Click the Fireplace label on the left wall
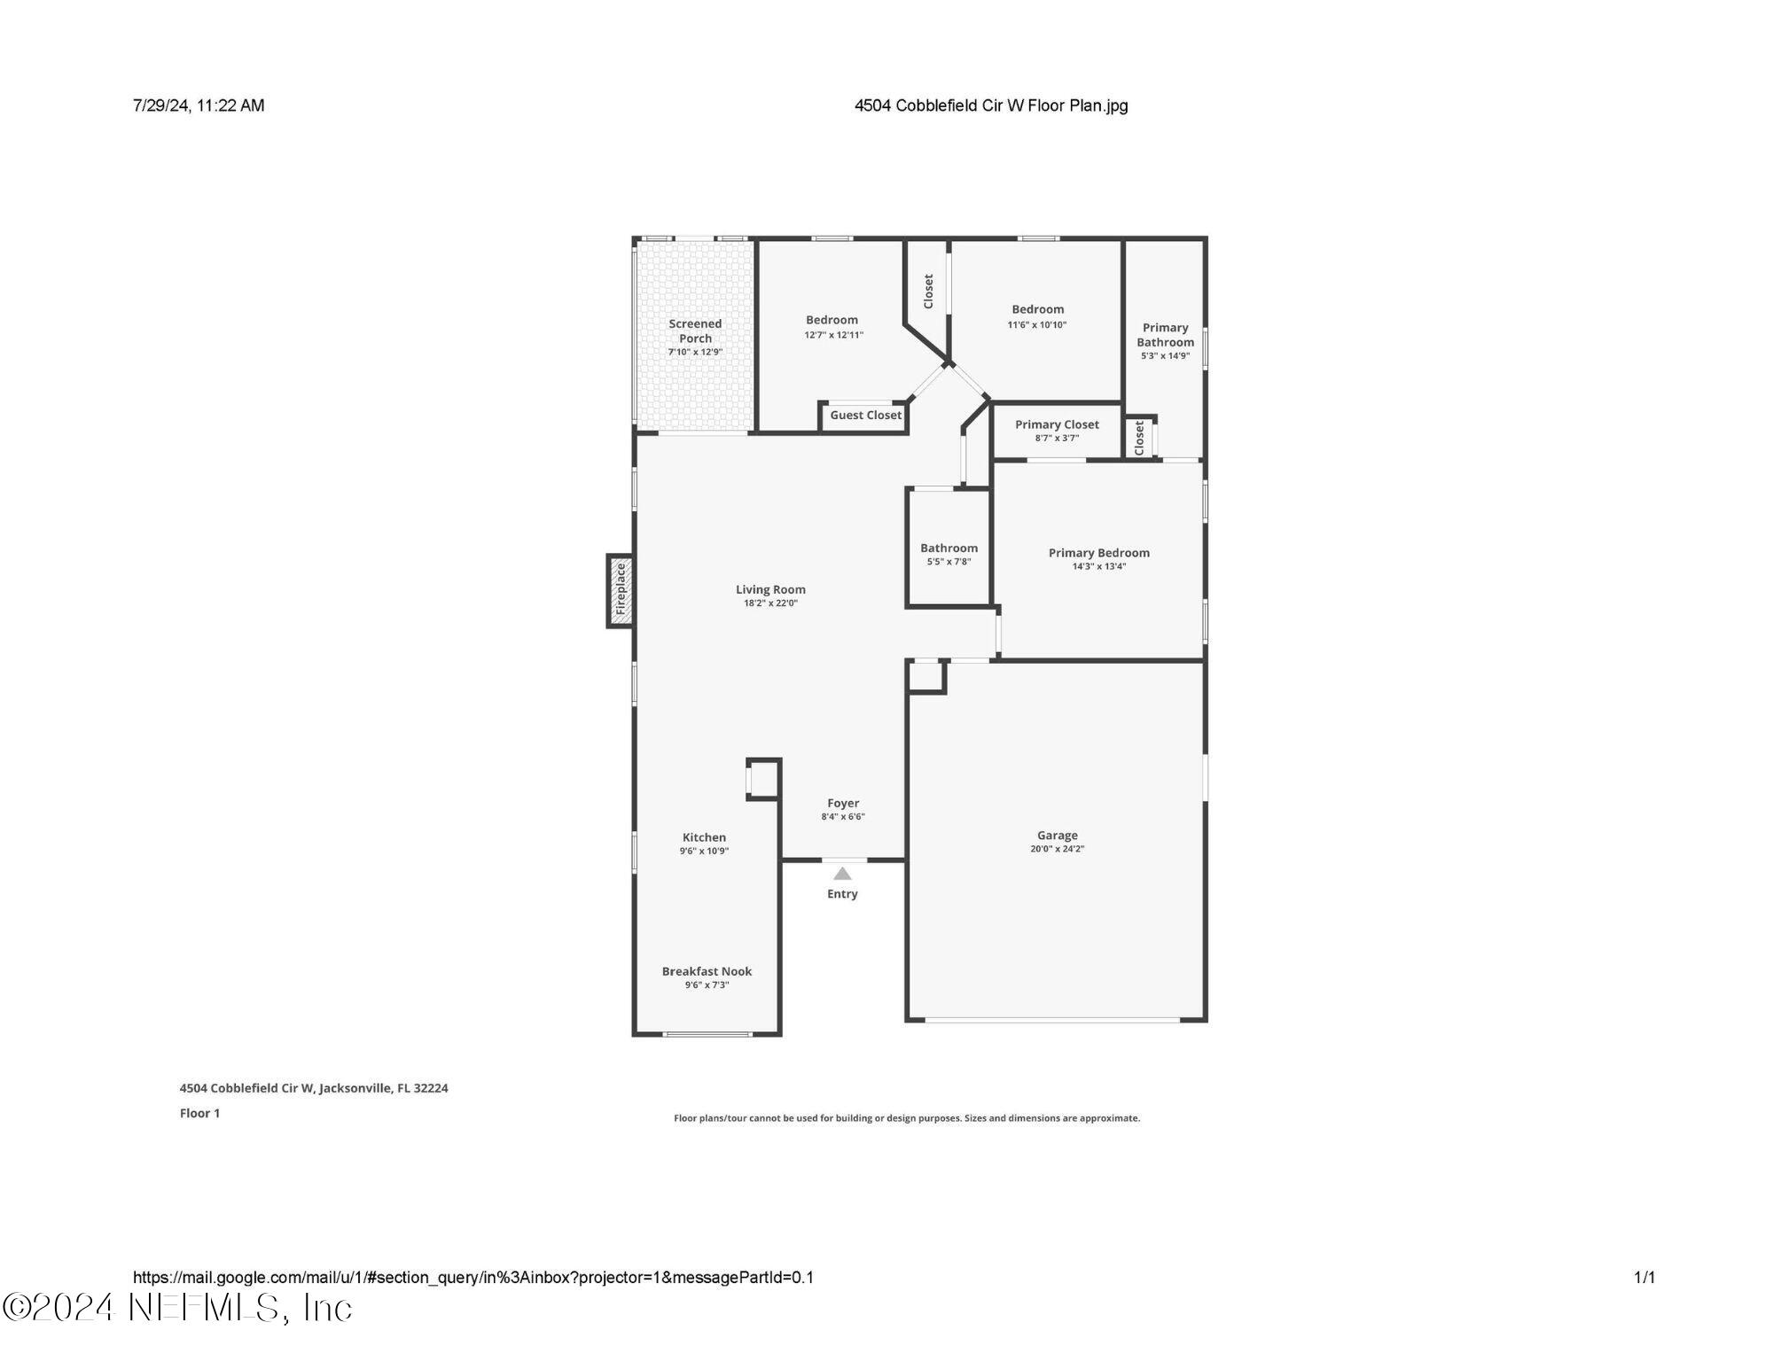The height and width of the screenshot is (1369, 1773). (x=621, y=590)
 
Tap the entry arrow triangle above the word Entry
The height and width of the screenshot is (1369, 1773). (x=842, y=874)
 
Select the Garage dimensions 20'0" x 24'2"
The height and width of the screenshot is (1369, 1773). (x=1057, y=849)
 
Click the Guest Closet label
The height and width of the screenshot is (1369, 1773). (x=865, y=415)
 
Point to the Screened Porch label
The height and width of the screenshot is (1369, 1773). (x=695, y=331)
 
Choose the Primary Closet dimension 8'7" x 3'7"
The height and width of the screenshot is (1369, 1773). (x=1057, y=438)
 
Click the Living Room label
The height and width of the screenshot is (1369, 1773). (x=770, y=589)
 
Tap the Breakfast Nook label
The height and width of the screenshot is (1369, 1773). (x=707, y=971)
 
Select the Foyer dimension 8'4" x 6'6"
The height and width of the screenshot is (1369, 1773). (x=842, y=817)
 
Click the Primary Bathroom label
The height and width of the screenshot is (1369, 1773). (x=1165, y=335)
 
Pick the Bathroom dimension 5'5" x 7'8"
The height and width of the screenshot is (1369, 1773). (x=949, y=562)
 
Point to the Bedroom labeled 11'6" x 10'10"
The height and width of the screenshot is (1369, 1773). (x=1037, y=309)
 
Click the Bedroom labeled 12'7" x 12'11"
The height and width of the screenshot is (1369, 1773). (x=832, y=320)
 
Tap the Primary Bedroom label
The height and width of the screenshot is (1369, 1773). (x=1098, y=553)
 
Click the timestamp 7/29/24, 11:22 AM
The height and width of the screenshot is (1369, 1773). (x=199, y=105)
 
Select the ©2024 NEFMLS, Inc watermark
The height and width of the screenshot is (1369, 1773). (x=177, y=1308)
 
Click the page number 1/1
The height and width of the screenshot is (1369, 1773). (x=1644, y=1277)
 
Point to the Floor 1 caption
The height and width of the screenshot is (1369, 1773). (x=199, y=1113)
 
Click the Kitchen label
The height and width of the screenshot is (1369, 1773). (x=704, y=837)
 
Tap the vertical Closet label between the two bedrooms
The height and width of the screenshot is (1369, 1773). (x=928, y=291)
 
